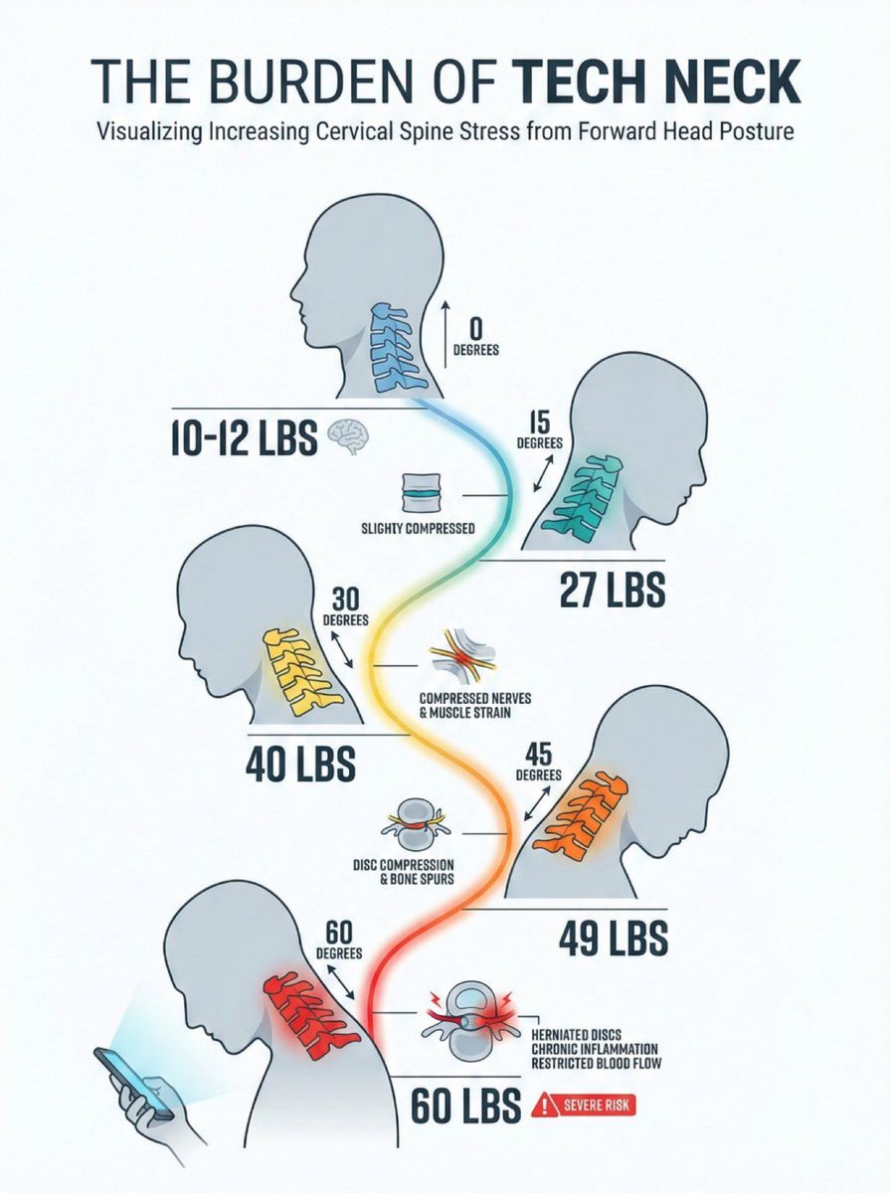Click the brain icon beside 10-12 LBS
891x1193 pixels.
click(350, 434)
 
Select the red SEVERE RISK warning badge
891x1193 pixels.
click(583, 1104)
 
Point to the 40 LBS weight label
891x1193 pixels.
click(300, 765)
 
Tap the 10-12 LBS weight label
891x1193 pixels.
click(242, 436)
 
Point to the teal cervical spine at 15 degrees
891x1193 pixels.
click(584, 495)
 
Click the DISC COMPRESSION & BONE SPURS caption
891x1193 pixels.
click(418, 871)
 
